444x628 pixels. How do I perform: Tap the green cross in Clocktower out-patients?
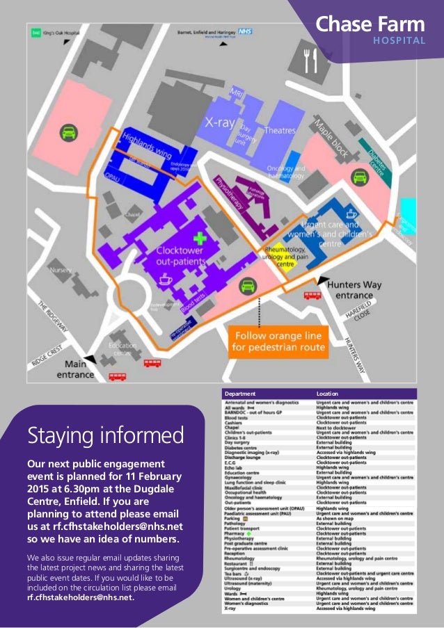[200, 238]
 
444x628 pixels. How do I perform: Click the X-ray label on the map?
[219, 124]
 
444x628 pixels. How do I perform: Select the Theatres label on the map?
[280, 131]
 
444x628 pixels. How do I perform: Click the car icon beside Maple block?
[359, 177]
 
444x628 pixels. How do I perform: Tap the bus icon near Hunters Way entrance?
[312, 296]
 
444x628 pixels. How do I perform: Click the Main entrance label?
[79, 369]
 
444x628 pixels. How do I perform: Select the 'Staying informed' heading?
[106, 436]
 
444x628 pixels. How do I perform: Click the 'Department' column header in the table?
[239, 394]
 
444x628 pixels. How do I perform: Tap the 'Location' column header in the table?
[327, 394]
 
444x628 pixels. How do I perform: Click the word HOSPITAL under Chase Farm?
[399, 40]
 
